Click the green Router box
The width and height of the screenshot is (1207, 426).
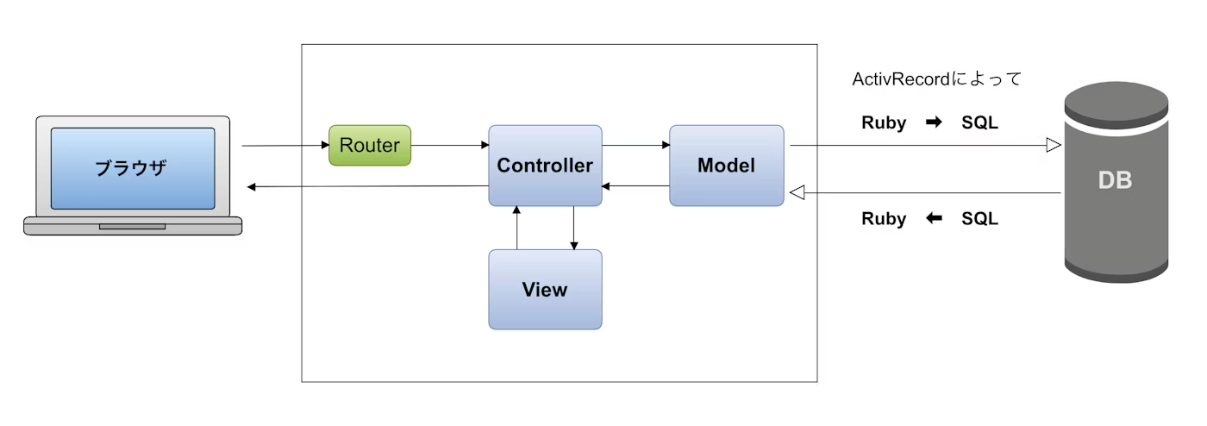370,146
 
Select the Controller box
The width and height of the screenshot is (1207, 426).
545,166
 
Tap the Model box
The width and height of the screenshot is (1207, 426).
726,166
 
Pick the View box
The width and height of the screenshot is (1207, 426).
545,290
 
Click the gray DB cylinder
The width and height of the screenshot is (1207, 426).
1115,181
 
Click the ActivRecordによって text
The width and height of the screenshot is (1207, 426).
936,79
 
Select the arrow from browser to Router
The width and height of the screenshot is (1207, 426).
285,146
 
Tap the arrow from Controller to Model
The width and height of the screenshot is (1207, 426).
635,145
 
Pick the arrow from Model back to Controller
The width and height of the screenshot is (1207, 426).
635,185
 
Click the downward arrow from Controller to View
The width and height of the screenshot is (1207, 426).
573,229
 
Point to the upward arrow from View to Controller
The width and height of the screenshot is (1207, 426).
516,229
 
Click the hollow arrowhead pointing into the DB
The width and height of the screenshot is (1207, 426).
1053,146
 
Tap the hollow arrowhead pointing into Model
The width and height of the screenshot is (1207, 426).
797,193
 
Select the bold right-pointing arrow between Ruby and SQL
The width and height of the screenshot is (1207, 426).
934,122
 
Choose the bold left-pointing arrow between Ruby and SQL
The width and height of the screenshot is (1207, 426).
934,219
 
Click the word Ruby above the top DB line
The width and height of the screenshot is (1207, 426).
884,122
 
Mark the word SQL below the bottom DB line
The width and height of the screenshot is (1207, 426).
979,219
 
